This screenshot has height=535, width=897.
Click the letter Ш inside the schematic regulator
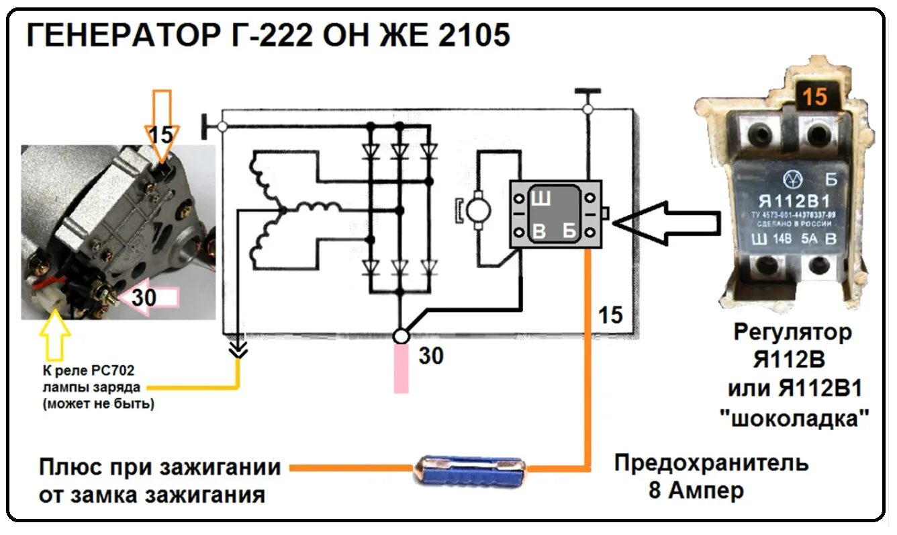[541, 199]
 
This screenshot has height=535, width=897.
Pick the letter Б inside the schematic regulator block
[569, 232]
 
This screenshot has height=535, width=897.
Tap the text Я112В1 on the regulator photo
[794, 201]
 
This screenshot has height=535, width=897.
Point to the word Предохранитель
[711, 464]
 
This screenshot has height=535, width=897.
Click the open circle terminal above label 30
[401, 335]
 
